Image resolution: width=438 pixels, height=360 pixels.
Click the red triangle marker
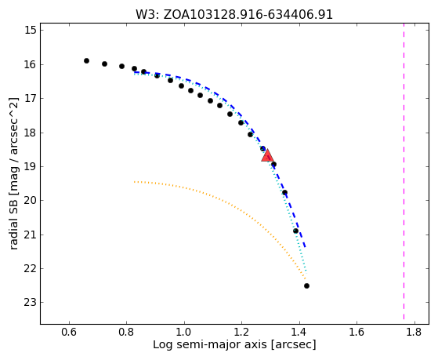click(267, 155)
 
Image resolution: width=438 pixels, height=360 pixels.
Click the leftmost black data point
click(87, 60)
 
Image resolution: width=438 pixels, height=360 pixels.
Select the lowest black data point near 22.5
click(306, 285)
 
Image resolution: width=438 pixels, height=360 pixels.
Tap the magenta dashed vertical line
click(404, 171)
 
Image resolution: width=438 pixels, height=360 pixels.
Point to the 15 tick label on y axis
click(31, 30)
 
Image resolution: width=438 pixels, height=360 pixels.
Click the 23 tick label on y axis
click(31, 303)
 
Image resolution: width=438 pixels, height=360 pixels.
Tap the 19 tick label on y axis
click(31, 166)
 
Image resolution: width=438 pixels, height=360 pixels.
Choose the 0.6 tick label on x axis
click(69, 332)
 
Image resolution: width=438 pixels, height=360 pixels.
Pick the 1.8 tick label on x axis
click(414, 332)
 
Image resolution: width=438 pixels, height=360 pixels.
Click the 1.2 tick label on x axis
click(242, 332)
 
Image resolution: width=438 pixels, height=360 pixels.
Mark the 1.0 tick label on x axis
click(184, 332)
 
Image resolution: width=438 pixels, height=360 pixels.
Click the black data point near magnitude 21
click(295, 231)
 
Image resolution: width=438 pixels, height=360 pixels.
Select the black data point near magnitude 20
click(284, 192)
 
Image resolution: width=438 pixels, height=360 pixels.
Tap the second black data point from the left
click(104, 64)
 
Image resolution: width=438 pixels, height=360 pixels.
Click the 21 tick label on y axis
click(31, 235)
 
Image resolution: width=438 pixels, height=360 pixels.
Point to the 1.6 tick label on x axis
click(357, 332)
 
